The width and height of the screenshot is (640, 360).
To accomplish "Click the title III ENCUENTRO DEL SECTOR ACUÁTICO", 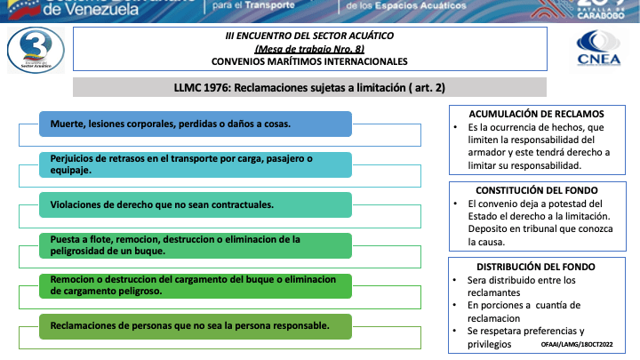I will click(x=309, y=36).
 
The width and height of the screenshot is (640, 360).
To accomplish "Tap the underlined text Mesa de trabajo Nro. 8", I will click(x=309, y=49).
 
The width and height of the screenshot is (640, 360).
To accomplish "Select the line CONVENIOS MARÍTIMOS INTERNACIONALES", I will click(x=309, y=62).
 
